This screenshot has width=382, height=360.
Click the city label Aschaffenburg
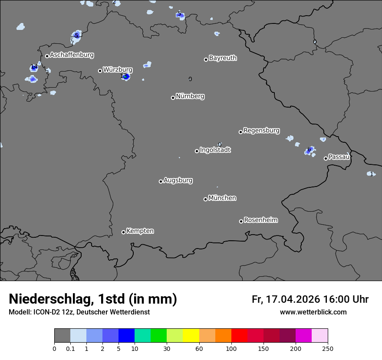coord(72,55)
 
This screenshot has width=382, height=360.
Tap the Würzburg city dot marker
coord(100,71)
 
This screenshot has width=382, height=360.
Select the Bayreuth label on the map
coord(223,58)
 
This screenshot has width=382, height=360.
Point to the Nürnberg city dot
coord(173,98)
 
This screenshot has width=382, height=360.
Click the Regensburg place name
coord(261,130)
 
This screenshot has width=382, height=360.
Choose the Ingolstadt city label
coord(215,150)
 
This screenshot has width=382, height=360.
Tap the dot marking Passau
coord(326,158)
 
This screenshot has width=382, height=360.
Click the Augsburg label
coord(178,180)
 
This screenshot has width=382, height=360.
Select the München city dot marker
coord(205,199)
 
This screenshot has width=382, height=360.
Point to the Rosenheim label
coord(260,220)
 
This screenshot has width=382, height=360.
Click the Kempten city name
coord(140,231)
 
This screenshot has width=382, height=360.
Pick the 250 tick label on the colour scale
coord(328,349)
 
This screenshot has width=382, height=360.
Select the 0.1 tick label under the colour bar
coord(70,349)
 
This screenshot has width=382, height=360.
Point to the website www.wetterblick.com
coord(313,312)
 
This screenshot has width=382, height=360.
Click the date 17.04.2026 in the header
coord(293,299)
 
